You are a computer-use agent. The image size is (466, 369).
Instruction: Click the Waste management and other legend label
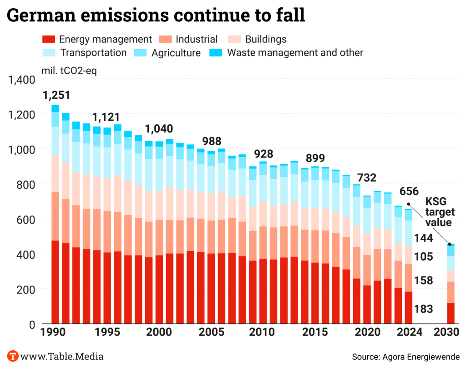pyautogui.click(x=295, y=53)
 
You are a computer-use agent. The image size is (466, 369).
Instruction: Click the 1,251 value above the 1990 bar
pyautogui.click(x=56, y=96)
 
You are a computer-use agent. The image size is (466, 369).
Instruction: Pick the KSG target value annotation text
pyautogui.click(x=439, y=211)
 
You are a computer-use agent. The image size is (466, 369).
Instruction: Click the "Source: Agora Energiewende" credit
pyautogui.click(x=406, y=356)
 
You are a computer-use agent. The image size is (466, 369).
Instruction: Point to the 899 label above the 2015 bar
pyautogui.click(x=315, y=159)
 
